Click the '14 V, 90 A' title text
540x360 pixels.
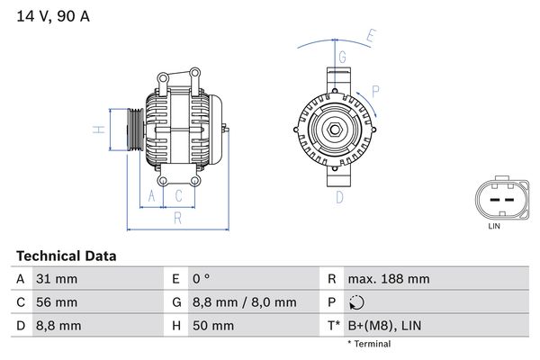52,16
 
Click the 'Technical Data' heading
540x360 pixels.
66,256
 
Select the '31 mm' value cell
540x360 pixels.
55,279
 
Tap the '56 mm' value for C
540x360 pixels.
56,302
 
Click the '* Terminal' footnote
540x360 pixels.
369,344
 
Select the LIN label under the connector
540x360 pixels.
493,226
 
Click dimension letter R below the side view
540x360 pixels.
178,217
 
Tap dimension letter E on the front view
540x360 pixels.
370,37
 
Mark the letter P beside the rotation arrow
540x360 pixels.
375,90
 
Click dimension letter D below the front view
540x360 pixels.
340,195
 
